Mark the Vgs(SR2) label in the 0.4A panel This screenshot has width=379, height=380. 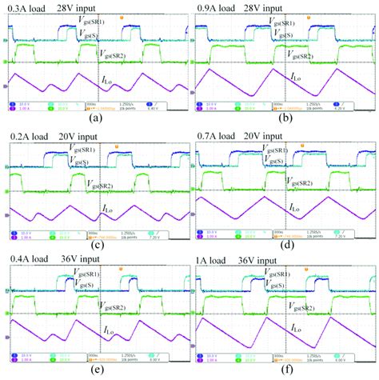click(110, 306)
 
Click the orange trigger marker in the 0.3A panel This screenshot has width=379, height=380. click(122, 15)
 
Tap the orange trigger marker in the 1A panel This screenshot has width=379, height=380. click(311, 267)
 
